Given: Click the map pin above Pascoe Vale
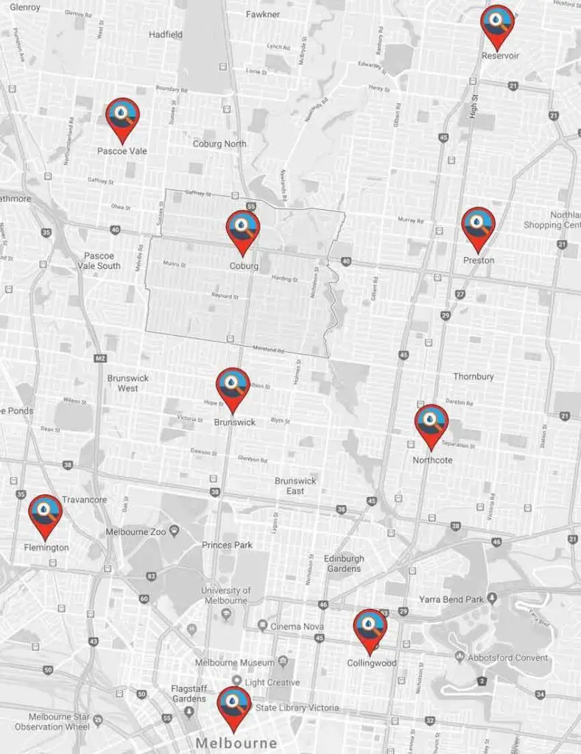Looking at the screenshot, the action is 122,117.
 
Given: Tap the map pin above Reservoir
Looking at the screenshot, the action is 497,24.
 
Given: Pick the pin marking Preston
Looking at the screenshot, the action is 478,226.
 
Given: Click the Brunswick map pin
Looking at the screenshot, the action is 233,387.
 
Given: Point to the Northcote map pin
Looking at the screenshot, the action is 431,423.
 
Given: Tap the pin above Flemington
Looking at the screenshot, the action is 46,513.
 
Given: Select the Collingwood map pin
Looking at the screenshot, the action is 370,628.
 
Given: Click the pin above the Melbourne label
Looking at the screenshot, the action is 233,705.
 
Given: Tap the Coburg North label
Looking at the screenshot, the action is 219,144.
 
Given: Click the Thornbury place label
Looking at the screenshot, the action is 473,376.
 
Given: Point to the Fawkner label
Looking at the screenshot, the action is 263,14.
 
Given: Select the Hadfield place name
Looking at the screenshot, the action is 165,34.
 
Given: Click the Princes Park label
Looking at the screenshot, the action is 227,545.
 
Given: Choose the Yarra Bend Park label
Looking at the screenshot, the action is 451,599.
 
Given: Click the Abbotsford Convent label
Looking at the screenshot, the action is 511,658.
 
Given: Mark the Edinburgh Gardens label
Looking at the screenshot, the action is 344,563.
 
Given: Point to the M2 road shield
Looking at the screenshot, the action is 101,359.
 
